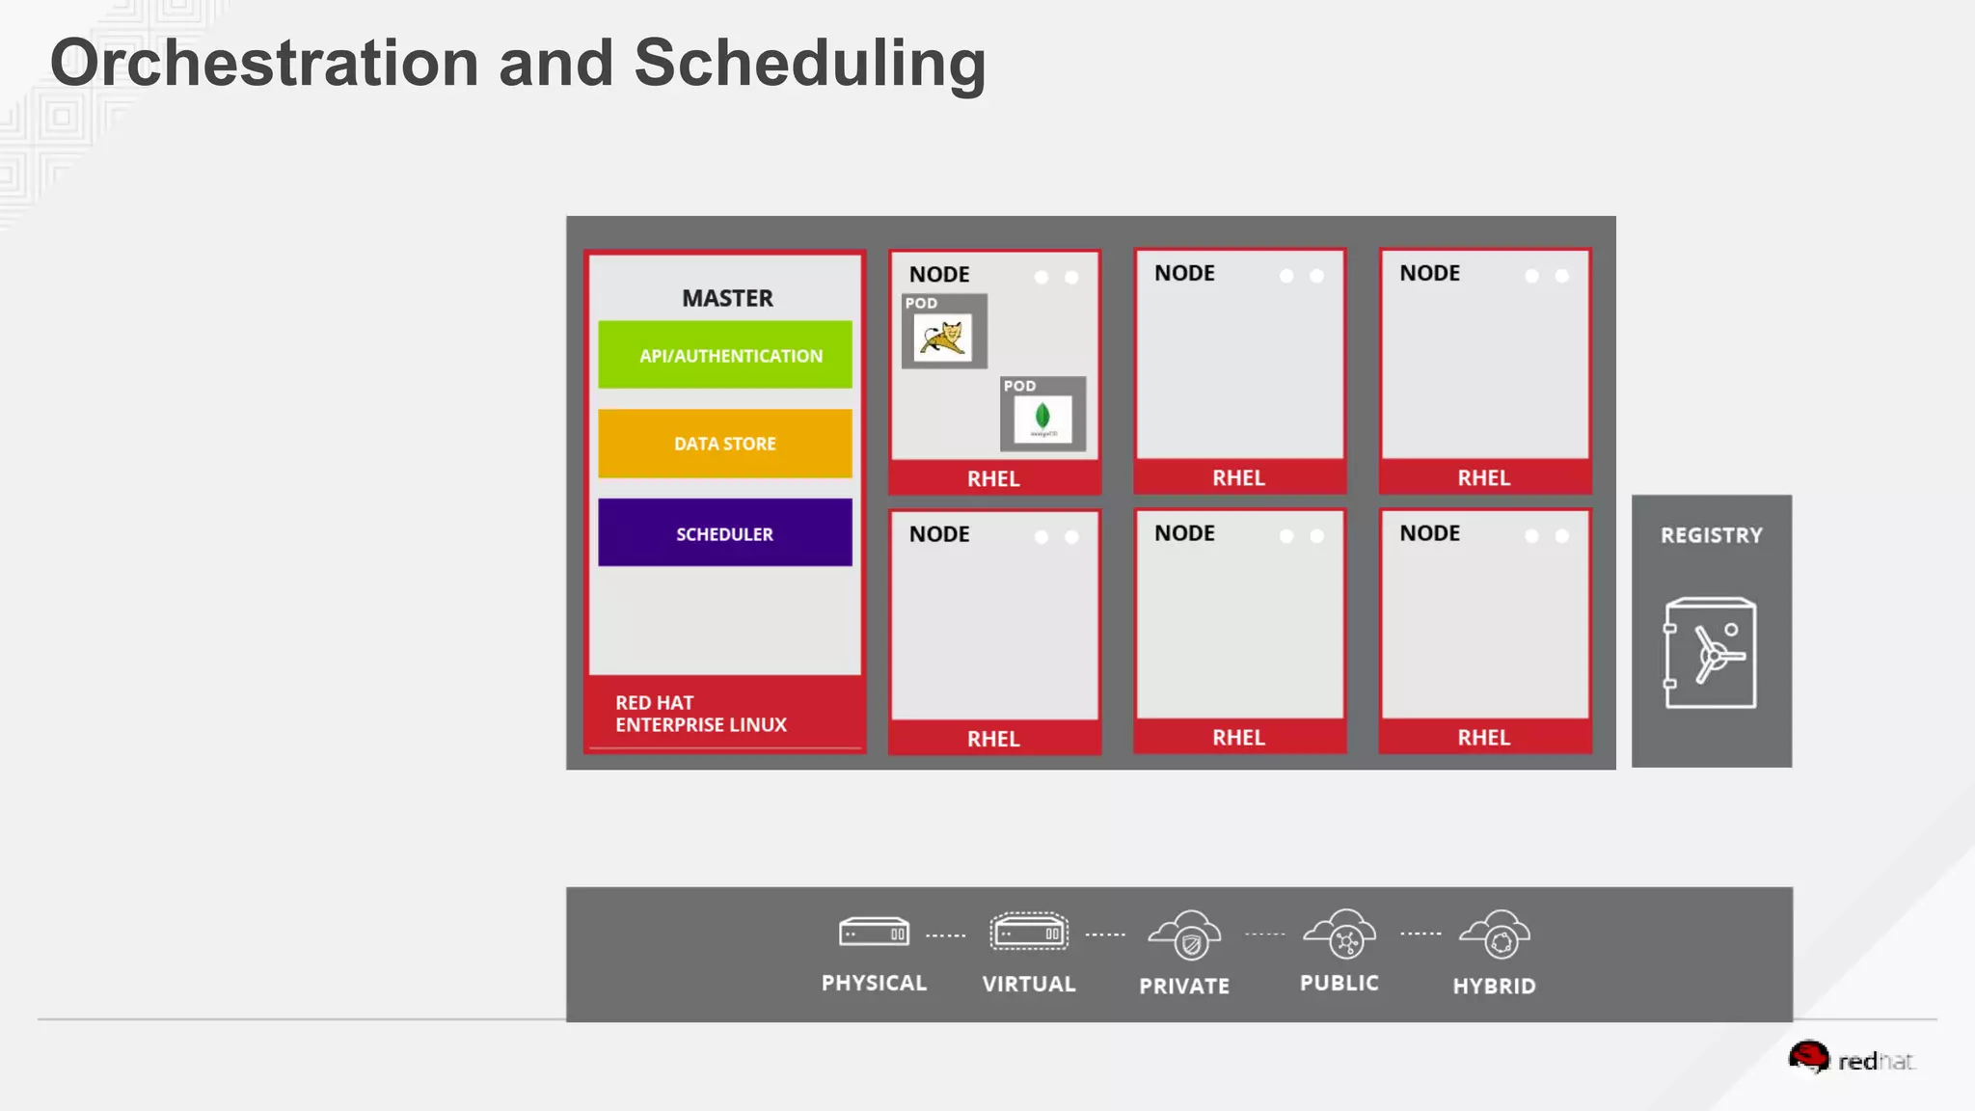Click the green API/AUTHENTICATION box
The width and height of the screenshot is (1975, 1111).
[725, 355]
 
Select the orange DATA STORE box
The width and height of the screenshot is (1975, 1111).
[725, 444]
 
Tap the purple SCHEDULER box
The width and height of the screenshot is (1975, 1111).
[725, 533]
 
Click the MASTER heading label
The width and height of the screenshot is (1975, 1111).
[727, 298]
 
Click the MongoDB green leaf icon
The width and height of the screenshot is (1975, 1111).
[1042, 418]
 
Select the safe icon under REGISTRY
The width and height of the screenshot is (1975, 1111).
[1710, 653]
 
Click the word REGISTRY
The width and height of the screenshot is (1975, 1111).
[1711, 535]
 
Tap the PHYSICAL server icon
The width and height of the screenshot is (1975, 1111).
[874, 933]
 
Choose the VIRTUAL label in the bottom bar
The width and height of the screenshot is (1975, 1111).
[1029, 984]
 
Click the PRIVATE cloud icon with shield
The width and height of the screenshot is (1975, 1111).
[1185, 935]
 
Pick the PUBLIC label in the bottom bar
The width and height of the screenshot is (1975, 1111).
[1339, 983]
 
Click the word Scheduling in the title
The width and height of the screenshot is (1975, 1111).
[810, 63]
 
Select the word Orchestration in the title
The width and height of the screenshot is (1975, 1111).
[264, 63]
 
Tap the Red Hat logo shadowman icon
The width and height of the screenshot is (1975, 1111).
[1808, 1057]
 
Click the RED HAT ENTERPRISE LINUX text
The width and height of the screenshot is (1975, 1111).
[701, 714]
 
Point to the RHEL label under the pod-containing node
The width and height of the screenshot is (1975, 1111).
[993, 478]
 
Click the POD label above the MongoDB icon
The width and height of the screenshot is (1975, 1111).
[1019, 386]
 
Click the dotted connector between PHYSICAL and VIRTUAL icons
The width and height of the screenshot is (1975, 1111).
[946, 935]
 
